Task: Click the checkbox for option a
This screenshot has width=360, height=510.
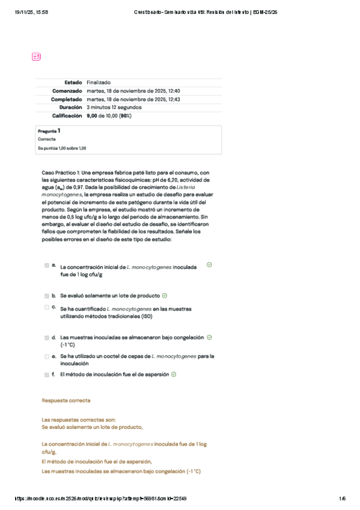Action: tap(47, 265)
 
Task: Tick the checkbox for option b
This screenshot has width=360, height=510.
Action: tap(47, 296)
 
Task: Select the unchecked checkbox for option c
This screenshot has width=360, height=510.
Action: tap(47, 307)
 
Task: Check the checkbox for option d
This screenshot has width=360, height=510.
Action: tap(47, 338)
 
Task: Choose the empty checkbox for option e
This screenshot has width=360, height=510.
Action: tap(47, 356)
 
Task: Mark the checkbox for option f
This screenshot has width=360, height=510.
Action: tap(47, 374)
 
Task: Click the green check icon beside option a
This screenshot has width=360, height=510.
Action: tap(209, 265)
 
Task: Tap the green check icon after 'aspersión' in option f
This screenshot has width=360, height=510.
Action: tap(174, 374)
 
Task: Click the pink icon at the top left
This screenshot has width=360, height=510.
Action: tap(36, 57)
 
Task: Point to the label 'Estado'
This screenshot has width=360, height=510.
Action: tap(73, 82)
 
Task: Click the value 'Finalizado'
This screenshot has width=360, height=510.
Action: tap(99, 82)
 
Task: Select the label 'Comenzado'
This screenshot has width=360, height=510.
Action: tap(67, 91)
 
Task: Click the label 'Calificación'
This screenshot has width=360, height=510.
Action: tap(67, 115)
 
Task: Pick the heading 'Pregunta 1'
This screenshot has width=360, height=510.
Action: tap(49, 131)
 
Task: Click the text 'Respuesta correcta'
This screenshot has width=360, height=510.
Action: tap(66, 400)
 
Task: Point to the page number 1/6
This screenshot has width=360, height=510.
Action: tap(342, 498)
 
